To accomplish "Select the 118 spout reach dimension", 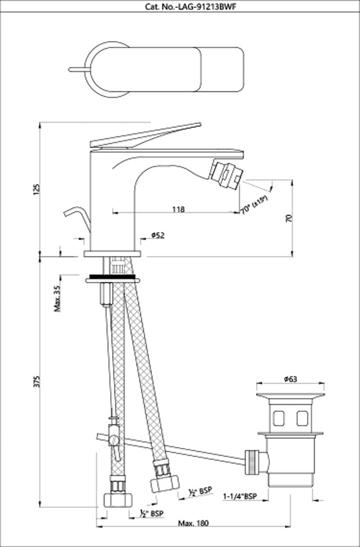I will pos(178,209).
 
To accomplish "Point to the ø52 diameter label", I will pos(156,235).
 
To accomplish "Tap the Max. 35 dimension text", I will pos(57,298).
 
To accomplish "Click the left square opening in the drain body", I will pos(278,418).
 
